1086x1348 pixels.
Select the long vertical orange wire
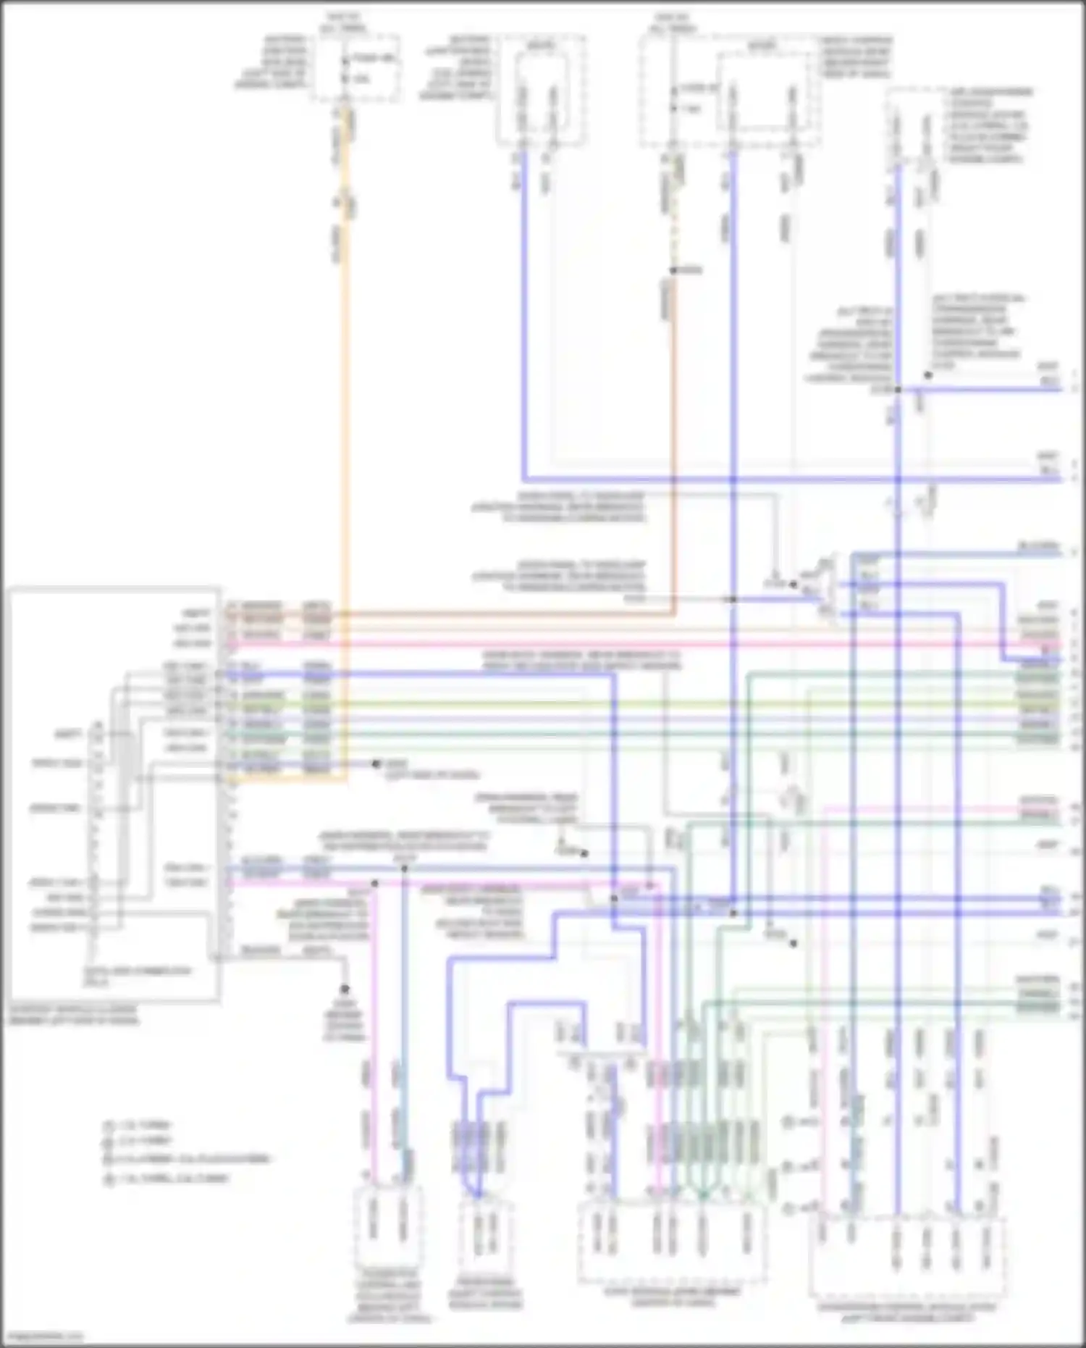(345, 435)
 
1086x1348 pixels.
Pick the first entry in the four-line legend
(138, 1126)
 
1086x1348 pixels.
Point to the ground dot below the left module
(345, 989)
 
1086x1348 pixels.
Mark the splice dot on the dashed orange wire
(673, 271)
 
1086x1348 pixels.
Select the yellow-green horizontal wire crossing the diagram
(652, 703)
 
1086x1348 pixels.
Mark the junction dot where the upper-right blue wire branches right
(898, 390)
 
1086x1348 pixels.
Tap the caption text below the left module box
(72, 1015)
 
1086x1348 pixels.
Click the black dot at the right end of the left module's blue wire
(376, 763)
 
